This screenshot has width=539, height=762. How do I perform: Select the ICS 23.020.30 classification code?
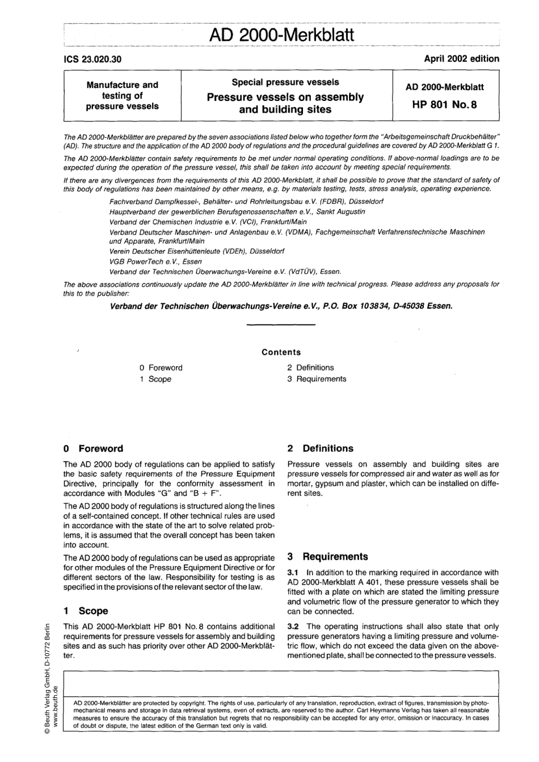[x=92, y=59]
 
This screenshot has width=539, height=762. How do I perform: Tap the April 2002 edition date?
[x=461, y=58]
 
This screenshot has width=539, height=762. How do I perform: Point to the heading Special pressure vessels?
[x=285, y=82]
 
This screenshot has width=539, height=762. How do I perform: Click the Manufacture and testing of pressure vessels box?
[x=122, y=95]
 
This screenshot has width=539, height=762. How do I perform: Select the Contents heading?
[x=281, y=352]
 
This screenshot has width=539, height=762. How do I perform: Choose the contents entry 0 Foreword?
[x=161, y=368]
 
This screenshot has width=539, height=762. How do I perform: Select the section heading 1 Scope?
[x=86, y=611]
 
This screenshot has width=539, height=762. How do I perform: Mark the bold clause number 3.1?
[x=293, y=573]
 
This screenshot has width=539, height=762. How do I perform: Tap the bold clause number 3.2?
[x=293, y=626]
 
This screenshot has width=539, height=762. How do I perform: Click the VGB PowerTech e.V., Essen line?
[x=155, y=261]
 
